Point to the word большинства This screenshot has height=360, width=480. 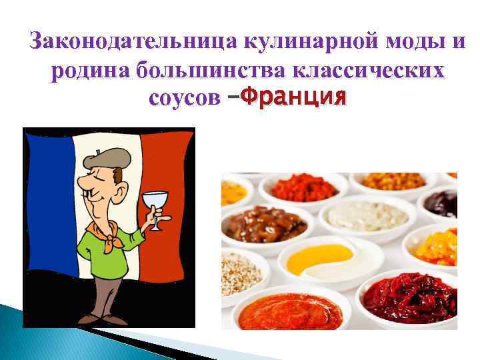(x=209, y=70)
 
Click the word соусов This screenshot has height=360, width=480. (x=185, y=98)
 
